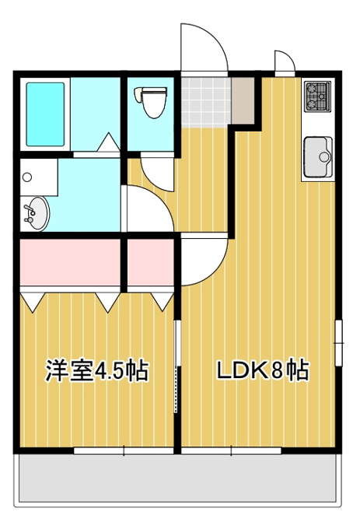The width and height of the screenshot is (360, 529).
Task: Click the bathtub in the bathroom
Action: point(45,114)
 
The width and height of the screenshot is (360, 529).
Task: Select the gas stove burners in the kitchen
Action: point(317,96)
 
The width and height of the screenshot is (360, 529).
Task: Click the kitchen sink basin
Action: point(318,157)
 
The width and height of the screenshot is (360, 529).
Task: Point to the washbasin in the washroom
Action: point(36,214)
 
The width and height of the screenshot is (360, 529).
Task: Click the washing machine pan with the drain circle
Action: point(38,177)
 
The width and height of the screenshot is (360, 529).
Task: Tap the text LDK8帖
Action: point(262,371)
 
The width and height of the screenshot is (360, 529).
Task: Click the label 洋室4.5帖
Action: point(97,371)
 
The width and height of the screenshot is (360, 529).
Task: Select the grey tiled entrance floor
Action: point(206,102)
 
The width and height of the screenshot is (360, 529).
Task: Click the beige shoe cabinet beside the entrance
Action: point(243,100)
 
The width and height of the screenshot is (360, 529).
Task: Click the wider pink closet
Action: point(70,262)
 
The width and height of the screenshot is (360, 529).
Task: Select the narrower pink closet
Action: point(150,262)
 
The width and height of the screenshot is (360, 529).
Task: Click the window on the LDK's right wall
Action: point(338,343)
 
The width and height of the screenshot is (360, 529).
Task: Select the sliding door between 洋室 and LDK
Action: point(177,366)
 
